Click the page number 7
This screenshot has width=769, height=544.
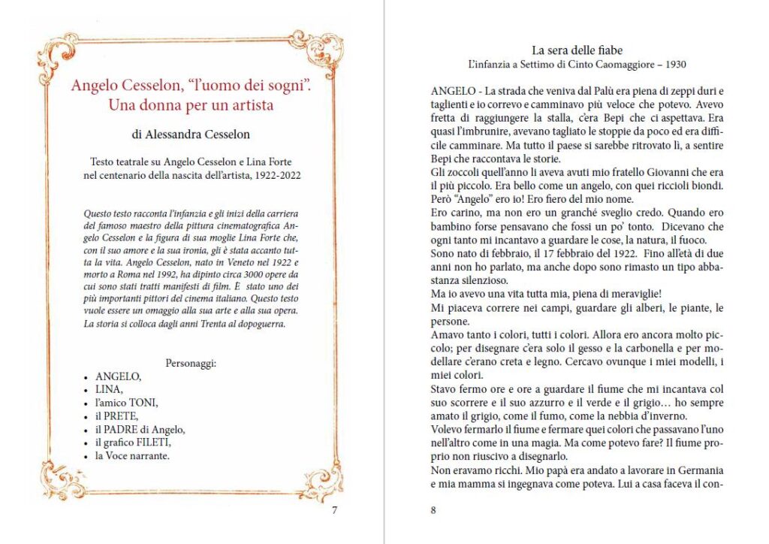click(x=335, y=511)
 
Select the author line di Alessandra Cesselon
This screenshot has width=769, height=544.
click(x=191, y=134)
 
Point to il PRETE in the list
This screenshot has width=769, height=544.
click(x=117, y=416)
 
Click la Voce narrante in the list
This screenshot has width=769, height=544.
click(x=132, y=455)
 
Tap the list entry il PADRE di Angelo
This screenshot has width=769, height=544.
click(x=140, y=429)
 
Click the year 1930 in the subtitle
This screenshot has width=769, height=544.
click(x=673, y=65)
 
